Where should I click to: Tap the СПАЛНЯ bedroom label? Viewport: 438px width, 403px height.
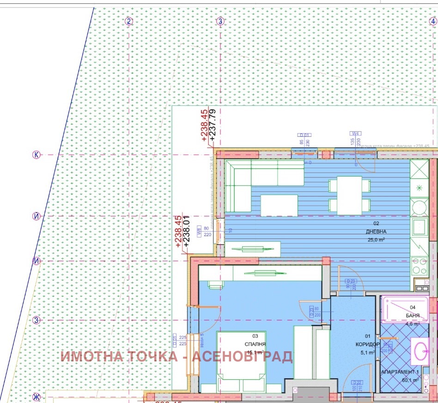[255, 344]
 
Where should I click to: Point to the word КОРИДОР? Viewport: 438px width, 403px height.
[368, 345]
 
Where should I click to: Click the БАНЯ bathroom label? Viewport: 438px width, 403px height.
[413, 316]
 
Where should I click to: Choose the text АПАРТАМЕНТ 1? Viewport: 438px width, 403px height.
[400, 372]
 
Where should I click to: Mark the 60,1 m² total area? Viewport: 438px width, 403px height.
[410, 380]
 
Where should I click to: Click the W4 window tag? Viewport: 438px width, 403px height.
[356, 134]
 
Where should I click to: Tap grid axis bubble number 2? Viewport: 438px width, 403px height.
[129, 21]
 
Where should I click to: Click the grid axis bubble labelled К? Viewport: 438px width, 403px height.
[36, 154]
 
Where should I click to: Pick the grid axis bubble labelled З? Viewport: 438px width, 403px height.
[36, 320]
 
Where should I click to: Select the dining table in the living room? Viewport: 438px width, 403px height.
[349, 195]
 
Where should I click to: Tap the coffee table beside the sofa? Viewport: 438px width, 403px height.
[279, 205]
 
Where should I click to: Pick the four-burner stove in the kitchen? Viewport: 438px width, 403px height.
[420, 265]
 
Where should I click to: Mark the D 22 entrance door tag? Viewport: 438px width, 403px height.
[356, 382]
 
